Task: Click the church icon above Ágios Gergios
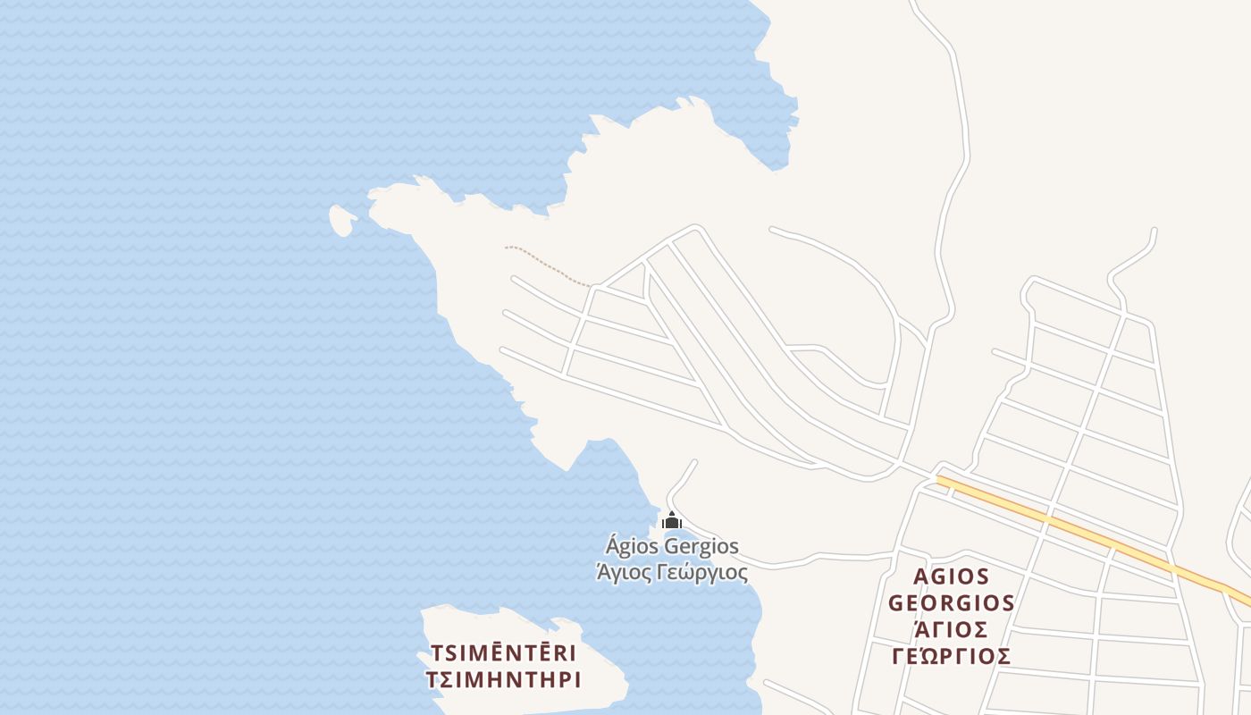(x=672, y=520)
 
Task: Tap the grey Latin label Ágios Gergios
(x=672, y=545)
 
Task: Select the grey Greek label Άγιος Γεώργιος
(x=672, y=571)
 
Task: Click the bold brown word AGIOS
(x=951, y=576)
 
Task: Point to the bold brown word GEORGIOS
(x=951, y=603)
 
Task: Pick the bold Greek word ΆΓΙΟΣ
(x=951, y=629)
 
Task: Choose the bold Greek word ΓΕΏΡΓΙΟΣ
(x=951, y=657)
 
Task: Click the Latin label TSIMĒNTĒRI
(x=503, y=653)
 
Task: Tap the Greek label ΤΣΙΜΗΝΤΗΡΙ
(x=503, y=680)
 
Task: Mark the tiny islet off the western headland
(x=341, y=220)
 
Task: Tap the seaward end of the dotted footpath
(x=507, y=248)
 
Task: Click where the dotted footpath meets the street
(x=592, y=287)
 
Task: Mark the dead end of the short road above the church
(x=694, y=462)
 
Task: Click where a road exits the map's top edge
(x=912, y=3)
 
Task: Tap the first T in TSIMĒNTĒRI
(x=437, y=653)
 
